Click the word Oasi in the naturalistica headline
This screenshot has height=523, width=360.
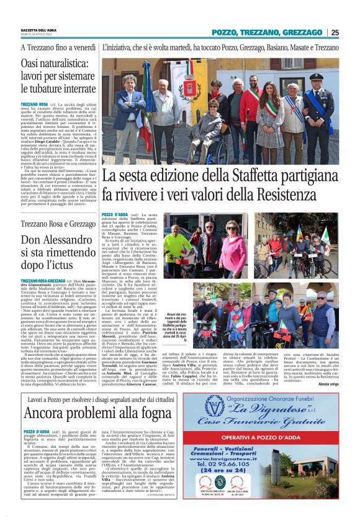(x=34, y=64)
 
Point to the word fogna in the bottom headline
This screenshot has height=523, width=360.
(x=146, y=414)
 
